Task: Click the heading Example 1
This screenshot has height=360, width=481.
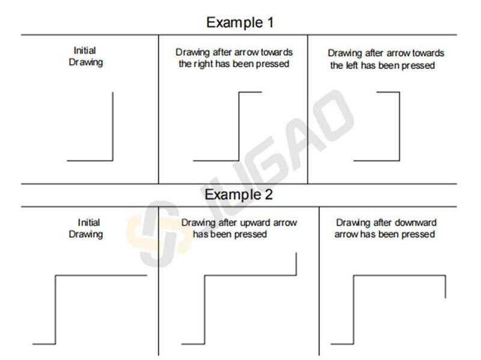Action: pos(240,22)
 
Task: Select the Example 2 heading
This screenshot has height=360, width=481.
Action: pos(239,194)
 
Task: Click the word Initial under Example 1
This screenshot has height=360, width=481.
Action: pos(85,50)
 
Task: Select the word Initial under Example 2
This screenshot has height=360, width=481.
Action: pos(88,222)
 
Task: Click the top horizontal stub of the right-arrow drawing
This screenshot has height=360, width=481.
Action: pos(250,92)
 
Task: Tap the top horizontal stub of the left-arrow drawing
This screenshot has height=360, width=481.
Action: pos(388,92)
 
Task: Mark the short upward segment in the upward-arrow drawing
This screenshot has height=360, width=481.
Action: pos(296,264)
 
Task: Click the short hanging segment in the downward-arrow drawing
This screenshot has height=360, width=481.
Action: pos(446,287)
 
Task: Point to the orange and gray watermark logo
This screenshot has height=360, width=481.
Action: pos(156,234)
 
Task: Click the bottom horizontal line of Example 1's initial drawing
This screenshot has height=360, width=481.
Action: pos(90,160)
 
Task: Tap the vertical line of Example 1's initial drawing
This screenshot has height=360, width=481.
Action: pos(112,126)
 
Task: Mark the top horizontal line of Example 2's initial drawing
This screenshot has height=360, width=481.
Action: pos(101,275)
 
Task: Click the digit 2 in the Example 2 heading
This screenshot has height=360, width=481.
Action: pos(268,194)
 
